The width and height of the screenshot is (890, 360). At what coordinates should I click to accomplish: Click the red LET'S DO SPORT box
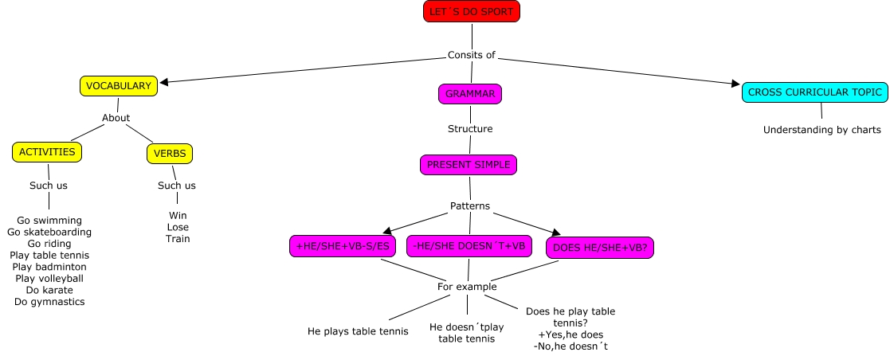click(x=472, y=11)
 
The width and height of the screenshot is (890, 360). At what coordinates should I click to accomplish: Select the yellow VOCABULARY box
click(x=119, y=86)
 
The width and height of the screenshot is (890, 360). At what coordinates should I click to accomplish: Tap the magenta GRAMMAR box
click(x=470, y=94)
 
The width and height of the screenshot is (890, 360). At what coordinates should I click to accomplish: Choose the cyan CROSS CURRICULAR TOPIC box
click(x=814, y=92)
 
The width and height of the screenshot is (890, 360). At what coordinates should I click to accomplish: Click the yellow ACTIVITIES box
click(x=47, y=152)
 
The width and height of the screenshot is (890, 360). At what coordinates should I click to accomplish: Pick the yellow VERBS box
click(x=170, y=154)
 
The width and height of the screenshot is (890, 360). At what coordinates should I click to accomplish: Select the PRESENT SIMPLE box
click(x=469, y=165)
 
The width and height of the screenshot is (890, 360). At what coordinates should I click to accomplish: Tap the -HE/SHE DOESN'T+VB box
click(x=469, y=247)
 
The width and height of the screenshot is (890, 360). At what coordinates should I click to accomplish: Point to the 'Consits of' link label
click(x=472, y=55)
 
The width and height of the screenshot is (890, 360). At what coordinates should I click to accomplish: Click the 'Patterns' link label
click(x=469, y=206)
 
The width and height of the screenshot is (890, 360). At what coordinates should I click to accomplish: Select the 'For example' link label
click(x=467, y=287)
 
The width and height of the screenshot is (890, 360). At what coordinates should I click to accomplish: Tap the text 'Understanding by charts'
click(x=821, y=130)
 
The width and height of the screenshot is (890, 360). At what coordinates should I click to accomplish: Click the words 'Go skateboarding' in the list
click(x=49, y=232)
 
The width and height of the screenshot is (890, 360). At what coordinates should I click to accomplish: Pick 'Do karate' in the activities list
click(x=49, y=290)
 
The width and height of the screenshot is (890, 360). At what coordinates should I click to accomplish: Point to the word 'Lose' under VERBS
click(x=178, y=227)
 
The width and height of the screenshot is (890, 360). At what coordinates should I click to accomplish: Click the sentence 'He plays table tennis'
click(x=358, y=331)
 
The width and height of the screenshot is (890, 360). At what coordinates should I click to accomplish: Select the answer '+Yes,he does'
click(x=570, y=335)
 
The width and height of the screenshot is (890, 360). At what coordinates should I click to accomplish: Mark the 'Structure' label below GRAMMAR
click(x=470, y=129)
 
